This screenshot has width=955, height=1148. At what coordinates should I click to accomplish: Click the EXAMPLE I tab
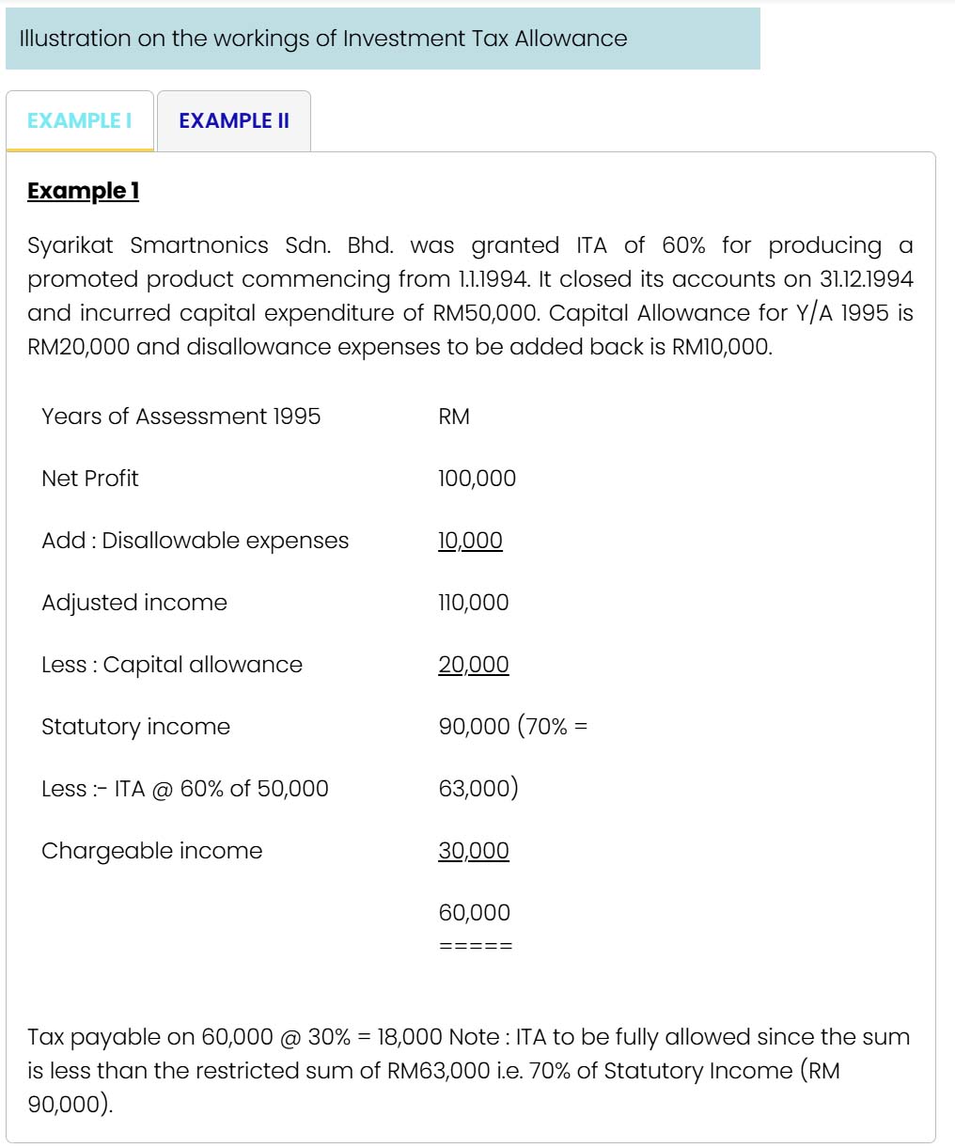[x=80, y=120]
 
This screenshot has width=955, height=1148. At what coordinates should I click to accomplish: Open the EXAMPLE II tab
[x=234, y=120]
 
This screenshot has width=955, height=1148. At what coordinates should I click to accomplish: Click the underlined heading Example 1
[x=84, y=191]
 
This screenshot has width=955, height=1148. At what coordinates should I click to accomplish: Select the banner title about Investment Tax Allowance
[x=322, y=39]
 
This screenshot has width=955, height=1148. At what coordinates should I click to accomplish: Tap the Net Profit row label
[x=90, y=479]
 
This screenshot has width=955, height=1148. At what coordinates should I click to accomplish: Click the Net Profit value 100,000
[x=477, y=479]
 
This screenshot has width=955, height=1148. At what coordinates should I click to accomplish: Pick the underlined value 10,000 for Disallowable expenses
[x=470, y=541]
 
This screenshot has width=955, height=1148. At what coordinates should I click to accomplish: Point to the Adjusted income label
[x=134, y=603]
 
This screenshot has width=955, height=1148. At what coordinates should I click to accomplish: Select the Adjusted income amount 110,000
[x=473, y=603]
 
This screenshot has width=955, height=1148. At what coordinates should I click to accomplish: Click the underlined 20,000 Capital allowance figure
[x=473, y=665]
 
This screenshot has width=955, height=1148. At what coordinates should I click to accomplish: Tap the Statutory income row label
[x=135, y=727]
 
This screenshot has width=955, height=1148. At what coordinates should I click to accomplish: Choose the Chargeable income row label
[x=152, y=851]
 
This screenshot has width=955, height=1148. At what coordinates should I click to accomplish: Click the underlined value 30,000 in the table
[x=473, y=851]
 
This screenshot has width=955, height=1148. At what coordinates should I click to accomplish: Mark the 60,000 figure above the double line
[x=474, y=913]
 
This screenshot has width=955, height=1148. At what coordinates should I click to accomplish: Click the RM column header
[x=454, y=417]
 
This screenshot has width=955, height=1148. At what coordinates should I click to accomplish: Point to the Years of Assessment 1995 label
[x=180, y=417]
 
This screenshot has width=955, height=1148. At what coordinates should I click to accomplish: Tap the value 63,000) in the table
[x=477, y=789]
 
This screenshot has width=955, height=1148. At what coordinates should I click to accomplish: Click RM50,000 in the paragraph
[x=486, y=313]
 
